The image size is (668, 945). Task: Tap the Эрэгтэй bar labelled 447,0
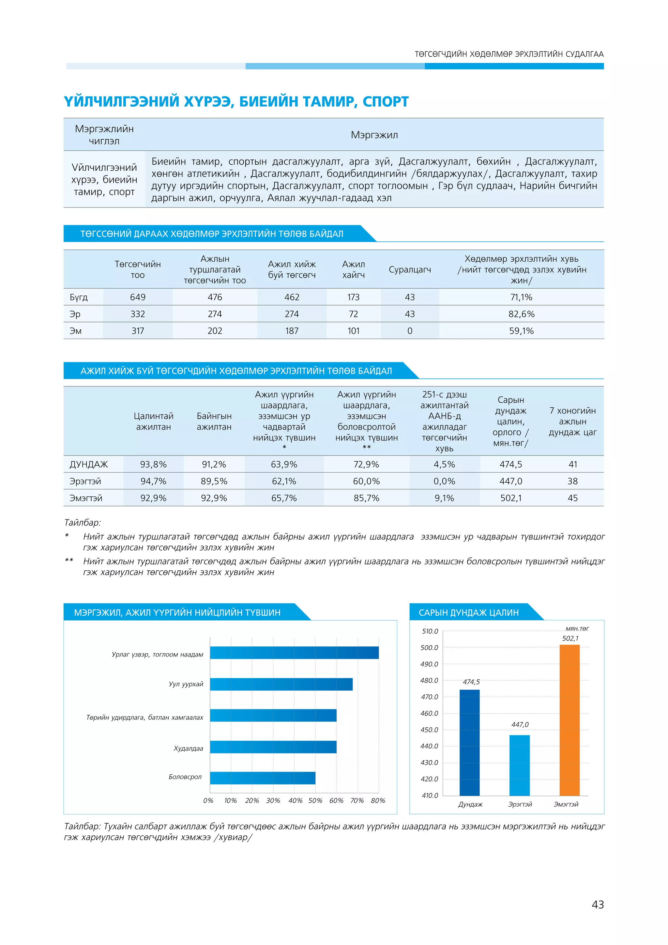520,765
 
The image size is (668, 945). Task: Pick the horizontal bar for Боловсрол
263,778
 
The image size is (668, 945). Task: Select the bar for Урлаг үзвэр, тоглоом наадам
294,653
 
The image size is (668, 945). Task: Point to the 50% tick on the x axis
315,800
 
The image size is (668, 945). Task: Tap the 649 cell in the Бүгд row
138,297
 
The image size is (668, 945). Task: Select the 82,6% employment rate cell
521,314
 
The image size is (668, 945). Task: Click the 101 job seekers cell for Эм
353,331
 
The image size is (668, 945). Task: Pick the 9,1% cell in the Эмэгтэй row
444,498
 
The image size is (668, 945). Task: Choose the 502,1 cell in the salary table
511,498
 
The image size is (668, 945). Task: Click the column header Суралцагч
410,270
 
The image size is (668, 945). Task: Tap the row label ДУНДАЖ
89,464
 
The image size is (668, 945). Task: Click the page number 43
598,905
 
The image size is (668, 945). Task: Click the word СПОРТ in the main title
386,102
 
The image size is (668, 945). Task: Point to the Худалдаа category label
189,748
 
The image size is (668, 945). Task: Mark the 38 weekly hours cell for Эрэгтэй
572,481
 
